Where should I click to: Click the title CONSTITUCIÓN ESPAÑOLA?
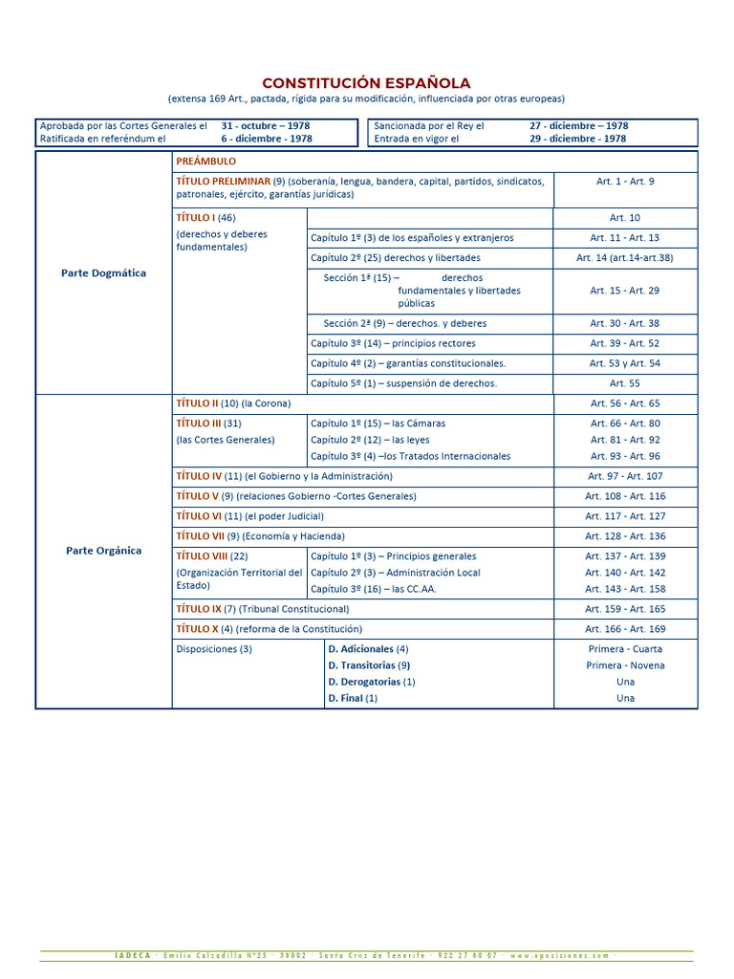366,83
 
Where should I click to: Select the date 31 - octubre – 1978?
265,125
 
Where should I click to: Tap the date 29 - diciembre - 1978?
577,139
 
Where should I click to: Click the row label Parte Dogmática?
103,272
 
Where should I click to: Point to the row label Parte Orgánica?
103,551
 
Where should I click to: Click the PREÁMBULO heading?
205,162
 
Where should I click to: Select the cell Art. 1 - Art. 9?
625,181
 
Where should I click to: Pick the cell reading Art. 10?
625,218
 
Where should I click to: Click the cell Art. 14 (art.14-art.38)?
625,258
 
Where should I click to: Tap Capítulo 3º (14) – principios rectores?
393,343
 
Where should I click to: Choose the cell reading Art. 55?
625,383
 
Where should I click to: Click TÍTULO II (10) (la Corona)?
233,403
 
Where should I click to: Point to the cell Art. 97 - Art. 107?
625,476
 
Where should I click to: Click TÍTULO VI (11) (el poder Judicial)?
243,516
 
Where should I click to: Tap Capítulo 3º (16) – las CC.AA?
373,589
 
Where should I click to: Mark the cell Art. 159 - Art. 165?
625,609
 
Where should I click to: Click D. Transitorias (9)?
369,665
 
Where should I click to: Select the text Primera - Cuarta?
625,649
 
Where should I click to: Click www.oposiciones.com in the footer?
559,955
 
